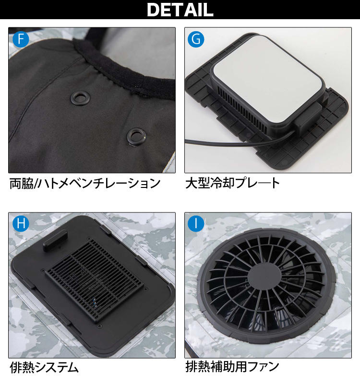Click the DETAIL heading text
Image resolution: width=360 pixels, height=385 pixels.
[x=180, y=10]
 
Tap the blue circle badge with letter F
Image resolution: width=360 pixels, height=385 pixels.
[x=20, y=39]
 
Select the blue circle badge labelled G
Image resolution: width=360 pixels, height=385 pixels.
[x=196, y=39]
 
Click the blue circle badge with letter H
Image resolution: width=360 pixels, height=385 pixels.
[x=20, y=224]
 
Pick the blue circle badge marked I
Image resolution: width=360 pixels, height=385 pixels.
[x=196, y=224]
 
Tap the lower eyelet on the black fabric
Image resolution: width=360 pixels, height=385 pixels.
[x=136, y=137]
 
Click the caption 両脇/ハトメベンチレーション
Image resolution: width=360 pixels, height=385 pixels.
[x=84, y=183]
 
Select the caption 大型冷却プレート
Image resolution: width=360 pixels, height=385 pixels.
[x=232, y=183]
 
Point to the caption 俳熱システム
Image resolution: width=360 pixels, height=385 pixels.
[x=44, y=368]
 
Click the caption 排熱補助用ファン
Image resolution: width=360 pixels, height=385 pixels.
[x=232, y=367]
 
